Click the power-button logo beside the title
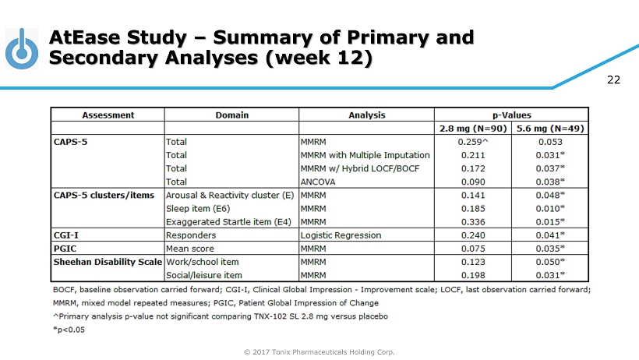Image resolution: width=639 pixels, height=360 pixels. [x=24, y=49]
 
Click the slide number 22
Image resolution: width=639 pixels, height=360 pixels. [x=615, y=80]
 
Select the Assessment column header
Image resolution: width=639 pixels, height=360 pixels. [x=108, y=115]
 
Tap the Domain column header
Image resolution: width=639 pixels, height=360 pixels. [x=231, y=115]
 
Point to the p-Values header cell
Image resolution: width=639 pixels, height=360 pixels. [x=510, y=115]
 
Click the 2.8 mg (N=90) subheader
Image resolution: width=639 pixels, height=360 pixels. [x=473, y=128]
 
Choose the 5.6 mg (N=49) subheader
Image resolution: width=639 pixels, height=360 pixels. [x=549, y=128]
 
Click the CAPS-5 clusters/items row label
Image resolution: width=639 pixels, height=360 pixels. [x=104, y=194]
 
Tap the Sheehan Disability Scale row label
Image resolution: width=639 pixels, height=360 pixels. [x=106, y=261]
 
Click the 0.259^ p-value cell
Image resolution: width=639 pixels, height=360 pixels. [x=473, y=142]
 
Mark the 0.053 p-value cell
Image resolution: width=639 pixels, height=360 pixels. [x=549, y=142]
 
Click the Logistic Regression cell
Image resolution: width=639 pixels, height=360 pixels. [x=341, y=235]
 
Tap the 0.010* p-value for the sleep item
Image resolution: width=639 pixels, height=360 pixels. [x=551, y=208]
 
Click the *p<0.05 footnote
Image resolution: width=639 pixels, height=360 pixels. [x=69, y=329]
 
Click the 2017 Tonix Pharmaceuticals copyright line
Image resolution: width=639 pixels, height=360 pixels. [x=319, y=352]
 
